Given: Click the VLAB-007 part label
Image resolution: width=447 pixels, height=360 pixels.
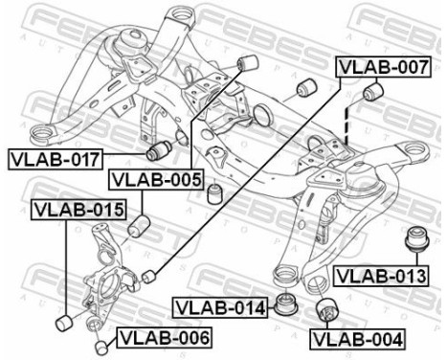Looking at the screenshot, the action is (383, 68).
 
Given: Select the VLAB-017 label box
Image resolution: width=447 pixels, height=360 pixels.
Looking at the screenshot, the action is (53, 157).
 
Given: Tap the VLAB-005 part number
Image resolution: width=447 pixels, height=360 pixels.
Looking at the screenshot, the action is (155, 178).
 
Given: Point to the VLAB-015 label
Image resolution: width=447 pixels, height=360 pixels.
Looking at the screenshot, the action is (78, 209).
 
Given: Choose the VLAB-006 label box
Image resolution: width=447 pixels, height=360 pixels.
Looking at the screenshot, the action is (163, 336).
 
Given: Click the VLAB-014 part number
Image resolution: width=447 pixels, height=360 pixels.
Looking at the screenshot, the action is (219, 307).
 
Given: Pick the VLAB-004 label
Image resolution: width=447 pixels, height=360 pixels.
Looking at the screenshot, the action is (358, 338).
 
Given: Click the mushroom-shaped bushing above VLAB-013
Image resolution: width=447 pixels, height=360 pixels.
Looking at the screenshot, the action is (417, 237).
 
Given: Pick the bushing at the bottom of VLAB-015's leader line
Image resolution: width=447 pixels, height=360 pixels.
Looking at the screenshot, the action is (64, 317).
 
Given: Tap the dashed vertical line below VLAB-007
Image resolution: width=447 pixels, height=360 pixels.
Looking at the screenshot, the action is (347, 125).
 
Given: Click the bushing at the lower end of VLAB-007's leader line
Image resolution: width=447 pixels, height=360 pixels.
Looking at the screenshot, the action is (148, 278).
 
